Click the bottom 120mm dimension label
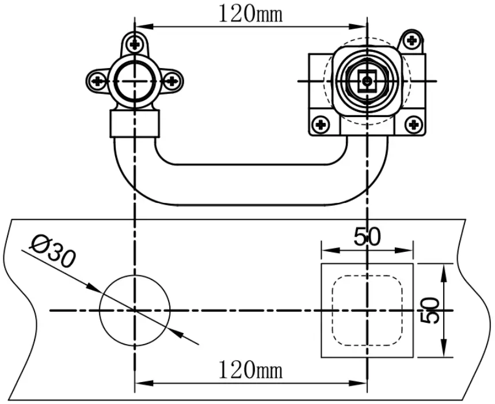pos(250,369)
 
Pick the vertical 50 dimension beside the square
pos(431,311)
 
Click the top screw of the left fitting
pos(135,43)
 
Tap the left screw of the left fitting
pos(98,81)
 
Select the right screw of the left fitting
pos(171,81)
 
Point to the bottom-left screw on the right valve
pos(320,123)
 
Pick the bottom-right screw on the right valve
pos(413,123)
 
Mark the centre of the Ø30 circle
pos(135,311)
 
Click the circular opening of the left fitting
pos(135,81)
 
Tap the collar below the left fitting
pos(135,123)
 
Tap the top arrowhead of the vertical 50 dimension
pos(443,270)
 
